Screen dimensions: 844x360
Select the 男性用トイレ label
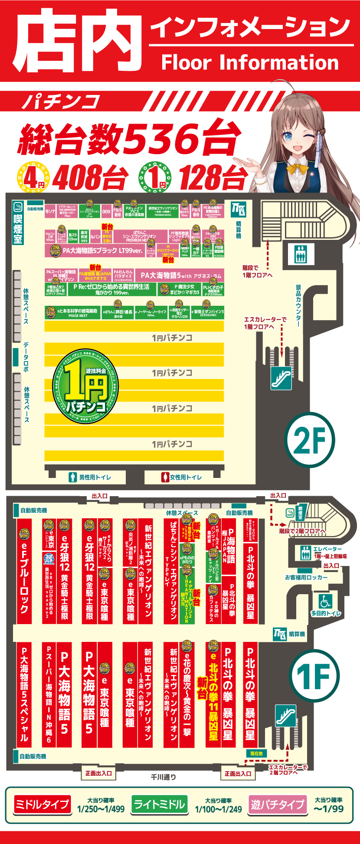pos(91,478)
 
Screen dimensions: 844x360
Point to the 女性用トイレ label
pos(182,478)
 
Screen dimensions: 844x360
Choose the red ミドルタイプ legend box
pos(42,805)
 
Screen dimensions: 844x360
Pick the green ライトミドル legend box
pos(159,805)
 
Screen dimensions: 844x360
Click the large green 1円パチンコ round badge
pos(86,386)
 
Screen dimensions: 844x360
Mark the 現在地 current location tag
pos(256,753)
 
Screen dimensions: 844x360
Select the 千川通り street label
pos(163,776)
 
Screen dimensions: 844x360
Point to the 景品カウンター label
pos(299,306)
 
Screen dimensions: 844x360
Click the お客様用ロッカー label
pos(306,577)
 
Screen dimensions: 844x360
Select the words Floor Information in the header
pos(250,62)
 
